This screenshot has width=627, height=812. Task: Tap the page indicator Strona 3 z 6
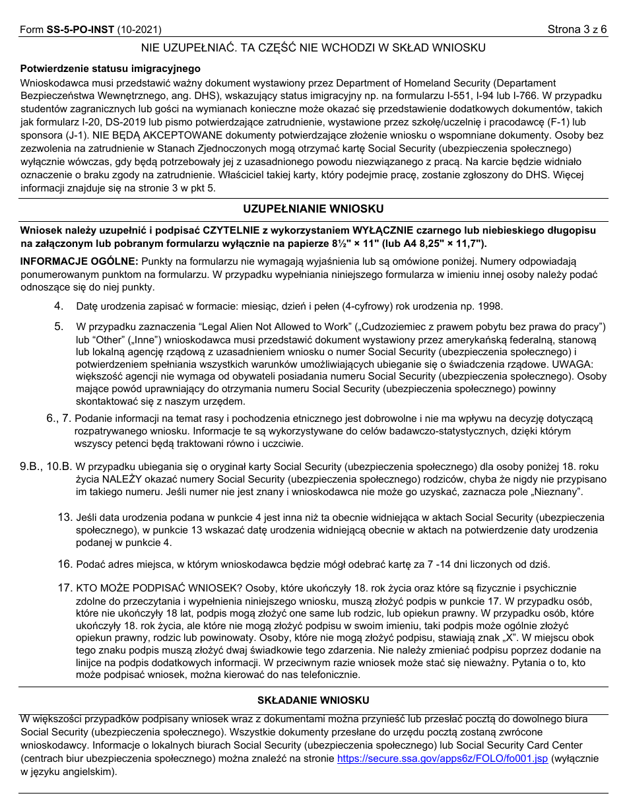(x=577, y=30)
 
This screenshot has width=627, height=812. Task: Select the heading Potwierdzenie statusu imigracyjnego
(x=110, y=69)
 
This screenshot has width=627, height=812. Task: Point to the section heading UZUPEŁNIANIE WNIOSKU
(x=313, y=209)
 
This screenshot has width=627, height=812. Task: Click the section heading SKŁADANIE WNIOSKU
(x=313, y=700)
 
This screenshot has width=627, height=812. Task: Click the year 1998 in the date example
(x=490, y=306)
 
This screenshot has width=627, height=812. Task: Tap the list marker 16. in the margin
(x=64, y=564)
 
